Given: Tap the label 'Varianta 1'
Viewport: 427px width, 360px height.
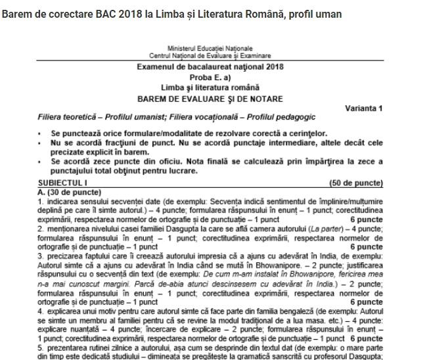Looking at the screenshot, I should pyautogui.click(x=363, y=108).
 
